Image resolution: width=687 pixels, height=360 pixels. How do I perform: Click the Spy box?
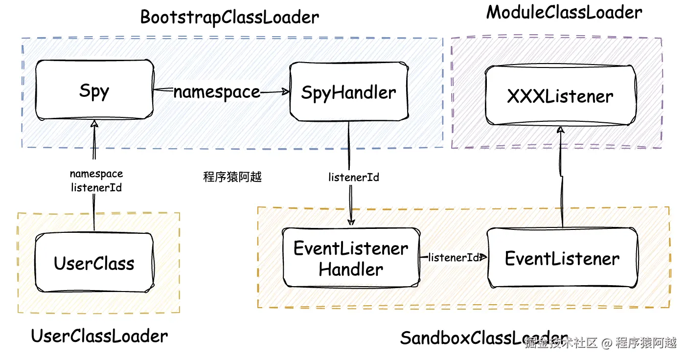coord(94,90)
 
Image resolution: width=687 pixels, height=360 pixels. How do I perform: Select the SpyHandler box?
coord(348,91)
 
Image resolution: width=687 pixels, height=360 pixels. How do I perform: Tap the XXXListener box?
coord(560,95)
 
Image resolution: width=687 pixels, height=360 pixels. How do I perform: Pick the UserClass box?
coord(94,263)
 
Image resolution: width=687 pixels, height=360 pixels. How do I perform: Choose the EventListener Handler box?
coord(351,258)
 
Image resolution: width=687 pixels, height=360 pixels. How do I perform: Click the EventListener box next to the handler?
coord(562,258)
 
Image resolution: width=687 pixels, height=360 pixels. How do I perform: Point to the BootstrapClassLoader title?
coord(229,17)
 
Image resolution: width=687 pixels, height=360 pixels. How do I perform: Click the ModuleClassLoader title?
coord(564,13)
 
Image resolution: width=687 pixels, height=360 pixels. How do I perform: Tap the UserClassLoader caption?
coord(99,336)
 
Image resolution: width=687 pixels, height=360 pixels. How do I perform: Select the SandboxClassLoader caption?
coord(484,338)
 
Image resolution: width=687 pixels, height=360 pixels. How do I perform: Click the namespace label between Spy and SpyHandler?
coord(217,91)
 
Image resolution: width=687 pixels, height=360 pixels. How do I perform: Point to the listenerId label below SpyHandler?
coord(353,177)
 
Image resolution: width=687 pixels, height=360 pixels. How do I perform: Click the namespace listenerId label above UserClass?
coord(96,180)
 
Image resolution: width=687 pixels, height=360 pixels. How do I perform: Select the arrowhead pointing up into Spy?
coord(94,124)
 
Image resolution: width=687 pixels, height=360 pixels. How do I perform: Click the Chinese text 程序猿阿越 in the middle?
coord(232,177)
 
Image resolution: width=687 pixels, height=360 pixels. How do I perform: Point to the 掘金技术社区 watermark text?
coord(561,342)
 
